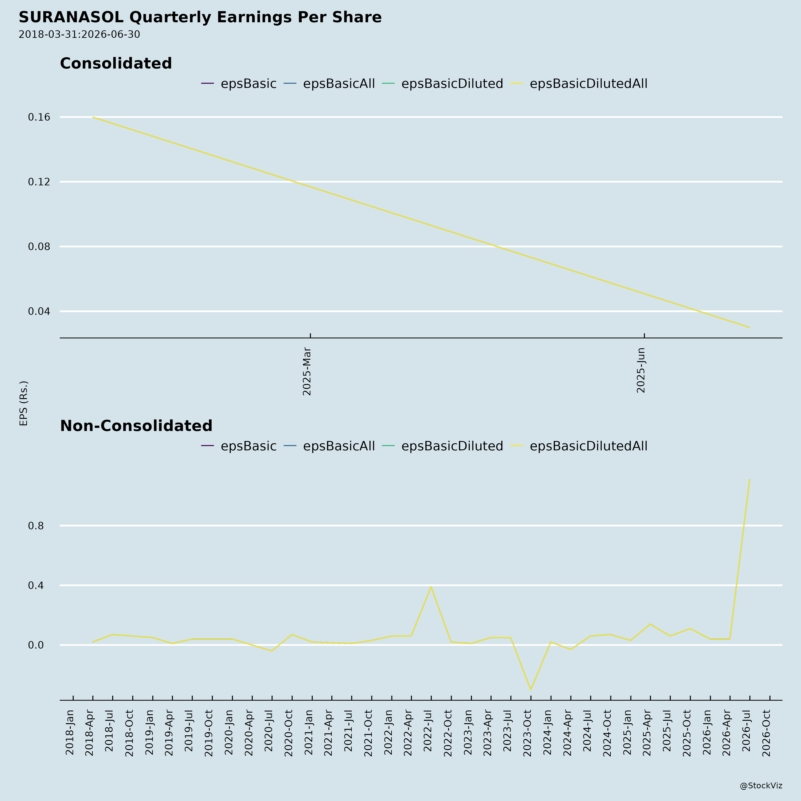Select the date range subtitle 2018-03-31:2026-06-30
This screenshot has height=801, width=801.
pyautogui.click(x=79, y=34)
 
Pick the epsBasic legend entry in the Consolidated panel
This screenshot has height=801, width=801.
pyautogui.click(x=239, y=84)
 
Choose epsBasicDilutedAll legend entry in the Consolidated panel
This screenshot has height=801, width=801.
pyautogui.click(x=579, y=84)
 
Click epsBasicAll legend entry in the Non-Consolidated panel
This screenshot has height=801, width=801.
pyautogui.click(x=329, y=446)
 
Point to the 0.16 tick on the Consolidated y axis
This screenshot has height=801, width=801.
pyautogui.click(x=39, y=117)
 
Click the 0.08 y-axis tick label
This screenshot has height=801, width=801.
pyautogui.click(x=39, y=247)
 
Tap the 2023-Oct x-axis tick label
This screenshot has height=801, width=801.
pyautogui.click(x=527, y=733)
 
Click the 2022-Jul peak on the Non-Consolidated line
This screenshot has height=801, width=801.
pyautogui.click(x=431, y=587)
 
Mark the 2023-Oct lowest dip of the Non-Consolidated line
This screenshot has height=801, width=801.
pyautogui.click(x=531, y=690)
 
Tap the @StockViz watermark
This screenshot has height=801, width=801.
pyautogui.click(x=761, y=786)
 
